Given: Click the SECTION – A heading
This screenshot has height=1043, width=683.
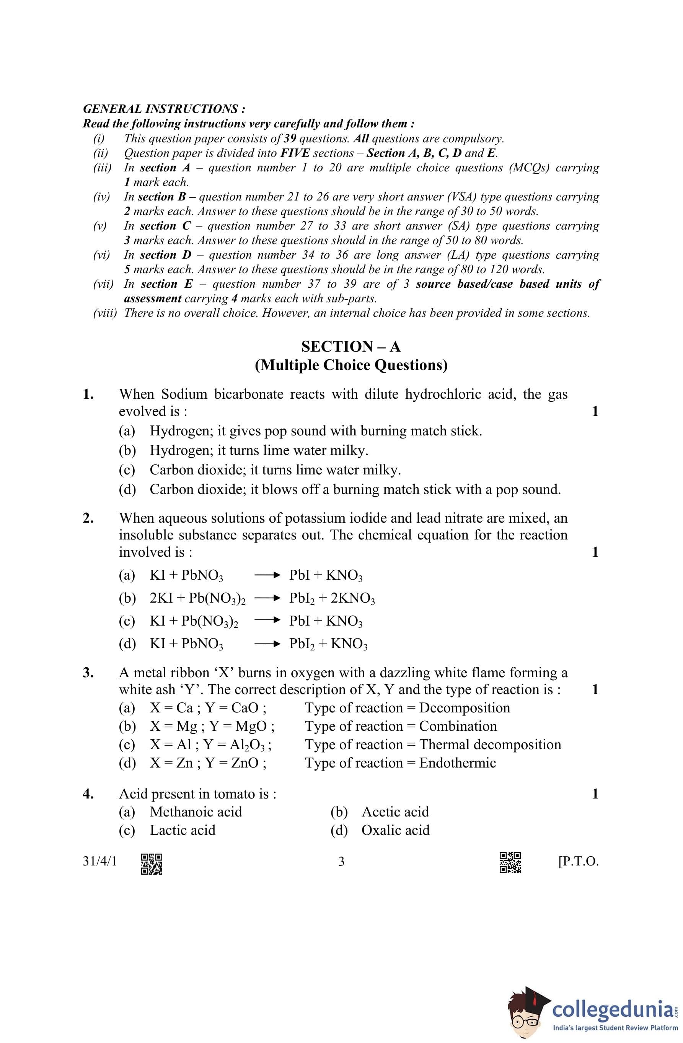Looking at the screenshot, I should (351, 347).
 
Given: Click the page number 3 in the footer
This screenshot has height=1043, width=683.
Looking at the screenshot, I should (341, 862).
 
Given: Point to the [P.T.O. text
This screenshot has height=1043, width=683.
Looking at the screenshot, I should (578, 862).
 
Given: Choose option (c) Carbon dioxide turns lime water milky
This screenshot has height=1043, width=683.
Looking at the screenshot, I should (275, 470).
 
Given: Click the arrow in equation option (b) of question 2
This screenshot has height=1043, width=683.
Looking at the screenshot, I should (267, 598).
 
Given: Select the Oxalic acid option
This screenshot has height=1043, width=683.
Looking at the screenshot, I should (395, 830).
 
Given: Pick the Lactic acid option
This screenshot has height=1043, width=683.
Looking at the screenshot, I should (183, 830).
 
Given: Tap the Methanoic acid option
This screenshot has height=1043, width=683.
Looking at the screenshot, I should (196, 812).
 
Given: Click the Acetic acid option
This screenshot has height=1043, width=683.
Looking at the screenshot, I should (395, 812).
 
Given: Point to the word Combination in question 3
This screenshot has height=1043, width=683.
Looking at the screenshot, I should (458, 726).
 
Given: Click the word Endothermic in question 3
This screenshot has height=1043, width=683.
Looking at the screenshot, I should (457, 763).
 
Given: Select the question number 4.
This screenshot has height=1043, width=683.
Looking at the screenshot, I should (88, 794).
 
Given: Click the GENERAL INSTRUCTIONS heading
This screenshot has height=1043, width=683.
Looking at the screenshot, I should (164, 109).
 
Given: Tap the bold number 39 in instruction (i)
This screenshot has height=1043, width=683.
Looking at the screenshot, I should (290, 139).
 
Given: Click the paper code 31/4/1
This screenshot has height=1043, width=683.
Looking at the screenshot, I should (100, 862).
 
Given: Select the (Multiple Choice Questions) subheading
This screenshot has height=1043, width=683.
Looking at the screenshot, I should (351, 365).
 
